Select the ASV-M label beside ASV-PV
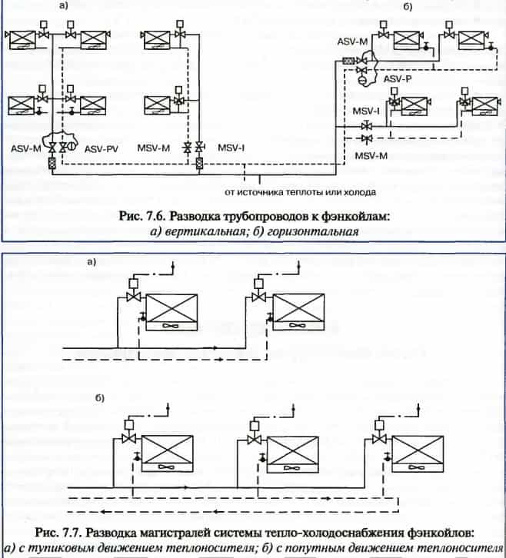pyautogui.click(x=25, y=146)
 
